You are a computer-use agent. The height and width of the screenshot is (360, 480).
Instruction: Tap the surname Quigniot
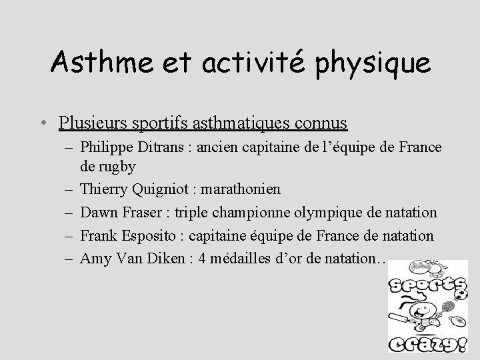[x=155, y=189]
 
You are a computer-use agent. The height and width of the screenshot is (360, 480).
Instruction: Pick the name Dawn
[x=98, y=213]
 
